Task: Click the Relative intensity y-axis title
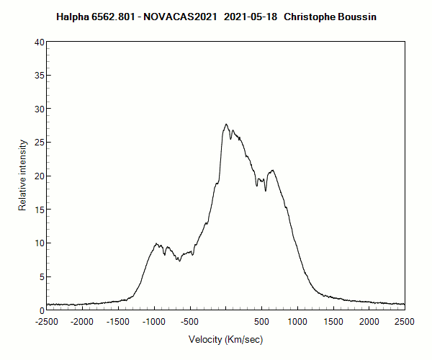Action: (22, 176)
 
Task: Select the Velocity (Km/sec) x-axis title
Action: (225, 339)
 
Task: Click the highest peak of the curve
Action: (226, 124)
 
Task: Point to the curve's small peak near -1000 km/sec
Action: (156, 243)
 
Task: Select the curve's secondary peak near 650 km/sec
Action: (272, 170)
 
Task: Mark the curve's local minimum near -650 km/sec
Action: (179, 260)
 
